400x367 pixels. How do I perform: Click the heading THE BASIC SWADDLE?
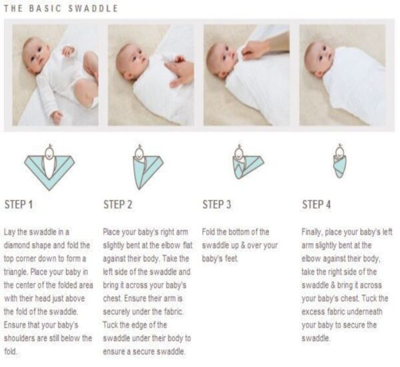point(61,9)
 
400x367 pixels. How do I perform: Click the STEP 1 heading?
point(19,205)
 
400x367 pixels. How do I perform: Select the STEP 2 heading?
point(117,205)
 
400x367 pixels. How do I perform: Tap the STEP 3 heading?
point(217,205)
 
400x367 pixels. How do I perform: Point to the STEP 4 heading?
point(316,205)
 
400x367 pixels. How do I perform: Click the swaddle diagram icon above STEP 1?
point(49,167)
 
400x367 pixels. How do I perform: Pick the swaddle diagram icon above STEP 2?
point(148,167)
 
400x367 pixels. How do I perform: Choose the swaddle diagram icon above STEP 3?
point(248,161)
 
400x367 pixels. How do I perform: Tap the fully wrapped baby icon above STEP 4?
point(339,161)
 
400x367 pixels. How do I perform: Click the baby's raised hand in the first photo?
point(68,51)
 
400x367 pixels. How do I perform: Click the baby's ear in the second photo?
point(128,75)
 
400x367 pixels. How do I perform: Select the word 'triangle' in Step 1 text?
point(15,272)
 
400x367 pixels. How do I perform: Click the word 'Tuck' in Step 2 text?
point(110,325)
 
